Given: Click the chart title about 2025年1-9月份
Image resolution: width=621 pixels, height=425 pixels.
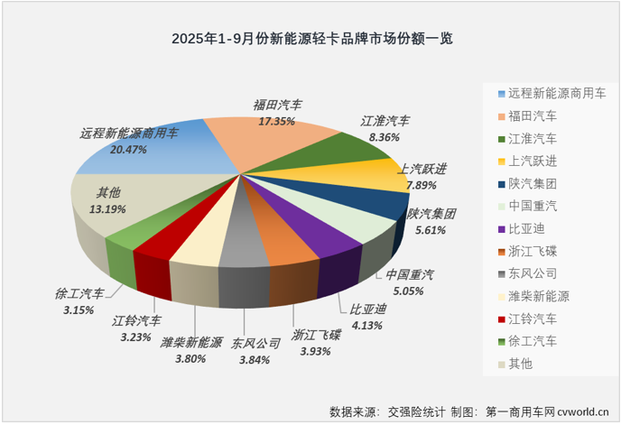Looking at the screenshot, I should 311,40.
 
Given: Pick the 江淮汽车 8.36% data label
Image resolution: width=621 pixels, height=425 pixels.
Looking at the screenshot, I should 385,129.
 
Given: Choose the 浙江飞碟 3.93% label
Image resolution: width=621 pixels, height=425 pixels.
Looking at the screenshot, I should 316,342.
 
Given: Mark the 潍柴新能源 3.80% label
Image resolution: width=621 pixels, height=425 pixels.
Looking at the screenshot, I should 190,350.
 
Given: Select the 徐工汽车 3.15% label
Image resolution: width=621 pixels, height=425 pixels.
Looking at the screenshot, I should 79,300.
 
